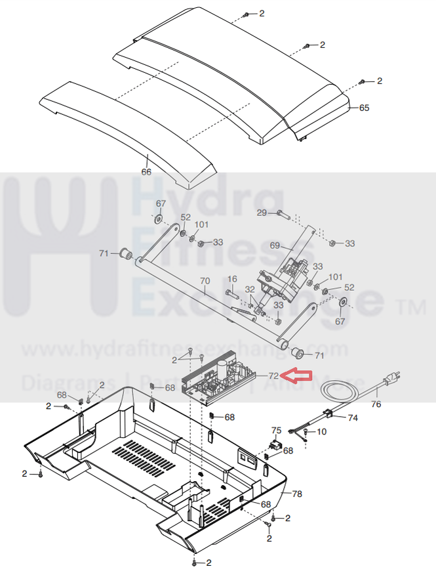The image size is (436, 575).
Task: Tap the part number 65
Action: (x=364, y=107)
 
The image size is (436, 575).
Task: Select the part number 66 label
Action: (x=146, y=172)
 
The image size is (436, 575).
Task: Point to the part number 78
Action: (x=296, y=494)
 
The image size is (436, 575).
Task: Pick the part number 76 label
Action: (x=376, y=404)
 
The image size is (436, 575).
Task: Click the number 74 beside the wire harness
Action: (x=353, y=417)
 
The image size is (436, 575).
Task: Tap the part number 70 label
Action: (x=205, y=281)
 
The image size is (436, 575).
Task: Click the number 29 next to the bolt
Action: (x=261, y=213)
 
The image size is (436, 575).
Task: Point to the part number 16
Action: (x=232, y=279)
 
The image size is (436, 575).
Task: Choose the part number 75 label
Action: (x=276, y=431)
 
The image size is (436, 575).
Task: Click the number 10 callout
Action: (x=321, y=432)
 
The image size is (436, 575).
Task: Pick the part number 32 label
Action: (x=250, y=289)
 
